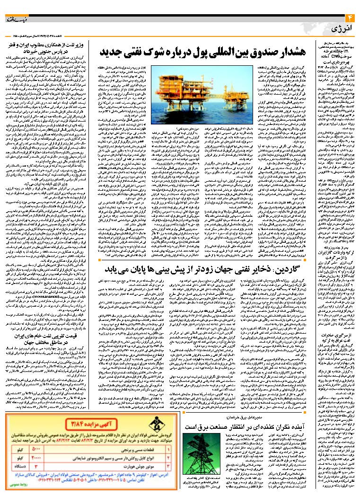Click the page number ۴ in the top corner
pyautogui.click(x=351, y=18)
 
